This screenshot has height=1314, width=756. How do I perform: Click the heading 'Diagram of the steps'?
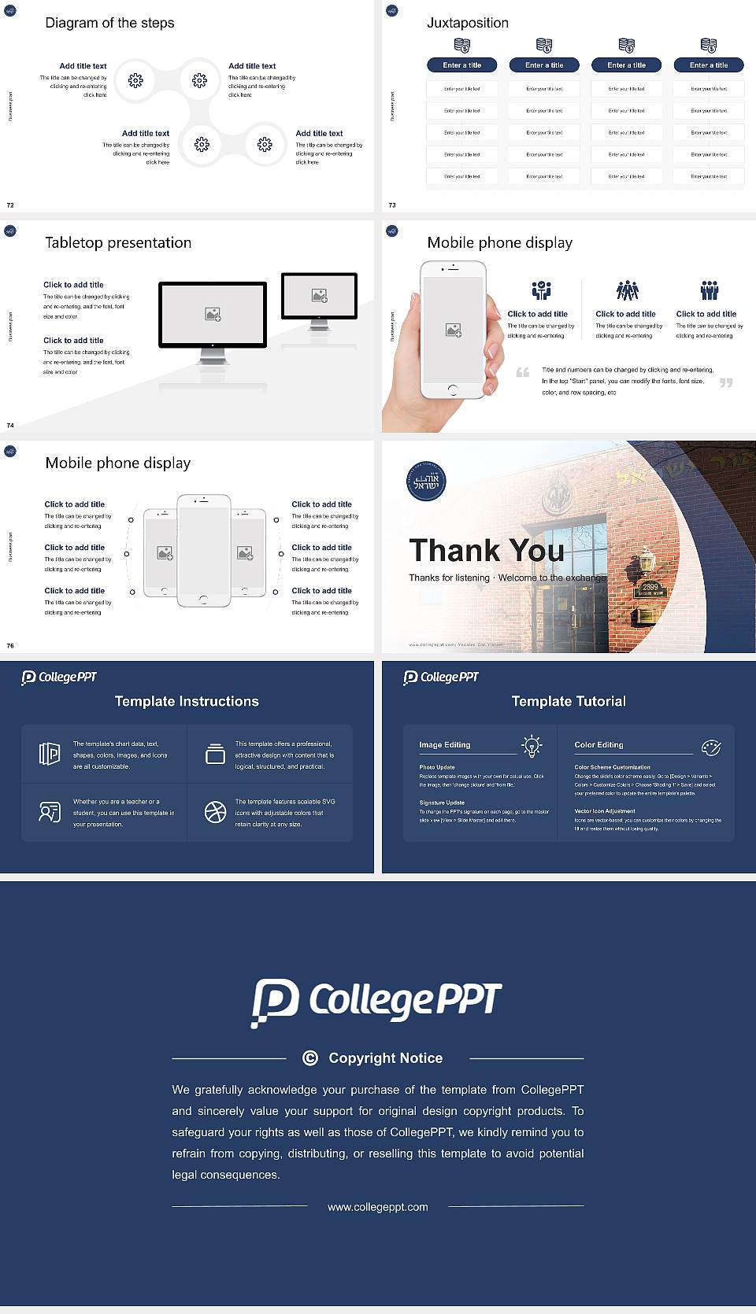[x=109, y=23]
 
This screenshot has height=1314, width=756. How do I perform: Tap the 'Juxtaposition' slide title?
[x=467, y=23]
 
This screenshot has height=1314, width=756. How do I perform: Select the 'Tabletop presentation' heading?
[x=118, y=242]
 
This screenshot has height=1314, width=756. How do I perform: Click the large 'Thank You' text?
[x=486, y=550]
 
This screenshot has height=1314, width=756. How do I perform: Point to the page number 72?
[x=10, y=205]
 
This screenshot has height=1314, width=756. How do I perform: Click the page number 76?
[x=10, y=645]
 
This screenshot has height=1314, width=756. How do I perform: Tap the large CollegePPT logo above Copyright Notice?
[x=376, y=1002]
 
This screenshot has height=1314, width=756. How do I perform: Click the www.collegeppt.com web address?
[x=378, y=1207]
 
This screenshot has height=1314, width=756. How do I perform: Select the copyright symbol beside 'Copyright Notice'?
[x=310, y=1058]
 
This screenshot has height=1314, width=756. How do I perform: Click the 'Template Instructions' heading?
[x=187, y=701]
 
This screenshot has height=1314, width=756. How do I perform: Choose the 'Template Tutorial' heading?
[x=569, y=701]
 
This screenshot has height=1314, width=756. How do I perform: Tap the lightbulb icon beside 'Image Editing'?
[x=532, y=746]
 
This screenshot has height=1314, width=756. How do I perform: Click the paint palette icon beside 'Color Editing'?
[x=711, y=747]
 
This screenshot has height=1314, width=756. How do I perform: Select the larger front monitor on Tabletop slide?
[x=213, y=315]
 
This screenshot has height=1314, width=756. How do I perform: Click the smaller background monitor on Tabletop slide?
[x=319, y=296]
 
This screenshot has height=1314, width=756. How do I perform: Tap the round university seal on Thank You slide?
[x=426, y=482]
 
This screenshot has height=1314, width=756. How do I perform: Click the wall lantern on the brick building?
[x=646, y=560]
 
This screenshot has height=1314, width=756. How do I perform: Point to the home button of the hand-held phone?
[x=452, y=389]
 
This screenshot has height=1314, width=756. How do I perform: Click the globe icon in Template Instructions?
[x=215, y=812]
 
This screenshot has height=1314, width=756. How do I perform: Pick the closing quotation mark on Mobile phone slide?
[x=725, y=382]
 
